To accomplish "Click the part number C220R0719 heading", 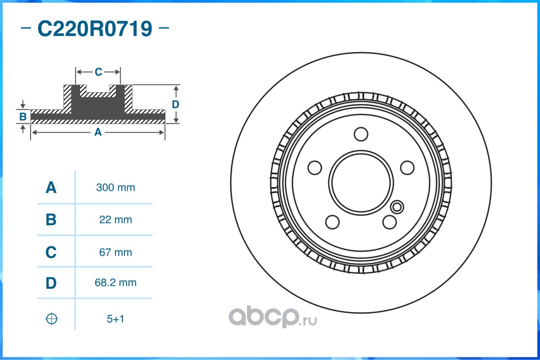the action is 95,29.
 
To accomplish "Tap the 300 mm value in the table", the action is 116,188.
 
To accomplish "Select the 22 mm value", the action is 116,220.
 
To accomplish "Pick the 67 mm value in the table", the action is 116,252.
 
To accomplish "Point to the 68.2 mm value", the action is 116,283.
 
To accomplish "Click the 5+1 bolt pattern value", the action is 115,319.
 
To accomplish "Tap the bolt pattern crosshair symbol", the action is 52,319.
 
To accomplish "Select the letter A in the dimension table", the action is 51,188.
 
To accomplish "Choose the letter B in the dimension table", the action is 51,220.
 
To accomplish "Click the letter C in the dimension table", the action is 51,252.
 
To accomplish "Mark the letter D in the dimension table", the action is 51,283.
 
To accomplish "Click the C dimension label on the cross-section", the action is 98,72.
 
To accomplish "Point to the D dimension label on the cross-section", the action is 176,104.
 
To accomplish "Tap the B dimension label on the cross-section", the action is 23,117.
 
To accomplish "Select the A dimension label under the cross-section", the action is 97,132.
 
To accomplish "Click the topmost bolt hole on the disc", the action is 361,134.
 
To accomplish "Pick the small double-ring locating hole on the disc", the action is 397,207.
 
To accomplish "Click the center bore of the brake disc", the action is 361,182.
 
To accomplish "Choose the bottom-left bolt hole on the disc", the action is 332,222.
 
